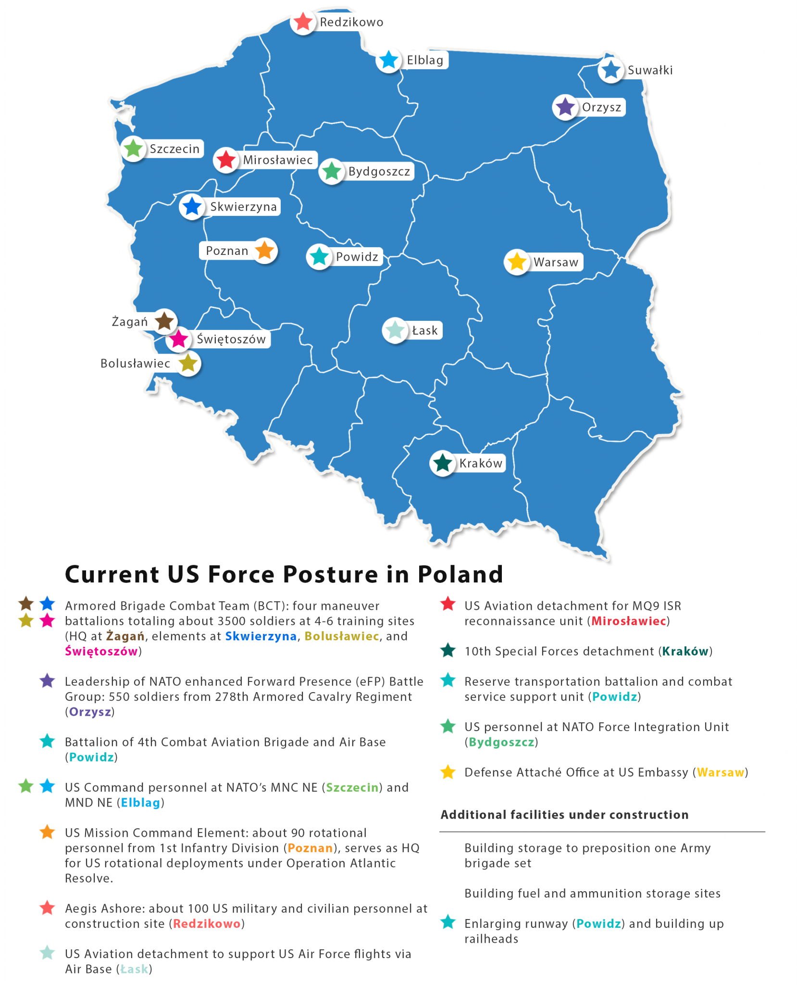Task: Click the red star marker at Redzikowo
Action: tap(303, 22)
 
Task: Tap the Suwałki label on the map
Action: tap(650, 70)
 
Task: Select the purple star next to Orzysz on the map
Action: tap(565, 107)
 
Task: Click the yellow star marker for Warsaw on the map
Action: tap(517, 262)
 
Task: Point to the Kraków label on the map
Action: tap(481, 463)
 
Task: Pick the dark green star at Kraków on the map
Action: tap(442, 463)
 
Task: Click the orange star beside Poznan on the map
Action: tap(264, 251)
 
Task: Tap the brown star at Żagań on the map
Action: tap(164, 321)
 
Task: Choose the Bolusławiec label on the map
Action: tap(135, 363)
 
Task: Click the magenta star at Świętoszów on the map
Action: tap(179, 339)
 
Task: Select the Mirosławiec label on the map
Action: tap(278, 160)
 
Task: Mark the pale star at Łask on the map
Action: tap(395, 330)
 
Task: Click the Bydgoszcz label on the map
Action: tap(379, 171)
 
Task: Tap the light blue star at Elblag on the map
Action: tap(388, 60)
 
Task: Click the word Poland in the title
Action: tap(460, 574)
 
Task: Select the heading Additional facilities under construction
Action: tap(564, 814)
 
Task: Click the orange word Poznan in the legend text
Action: tap(310, 847)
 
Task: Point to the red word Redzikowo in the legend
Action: tap(207, 923)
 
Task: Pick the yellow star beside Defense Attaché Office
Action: tap(448, 772)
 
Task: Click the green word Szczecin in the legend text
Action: tap(352, 787)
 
